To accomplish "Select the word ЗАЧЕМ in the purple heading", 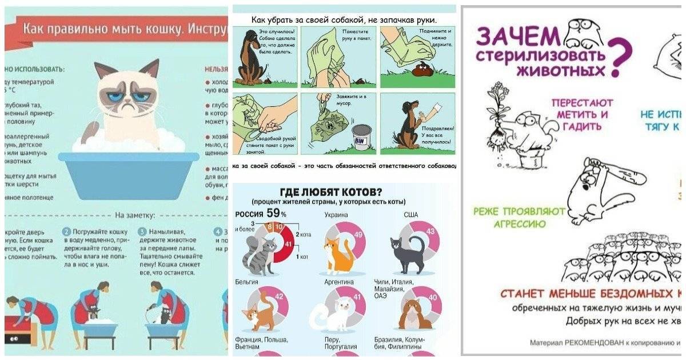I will click(x=517, y=38).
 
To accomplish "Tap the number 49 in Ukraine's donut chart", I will click(x=359, y=235).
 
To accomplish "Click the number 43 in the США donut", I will click(x=430, y=231).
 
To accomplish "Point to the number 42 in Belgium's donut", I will click(x=280, y=296).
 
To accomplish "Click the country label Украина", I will click(x=336, y=215).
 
